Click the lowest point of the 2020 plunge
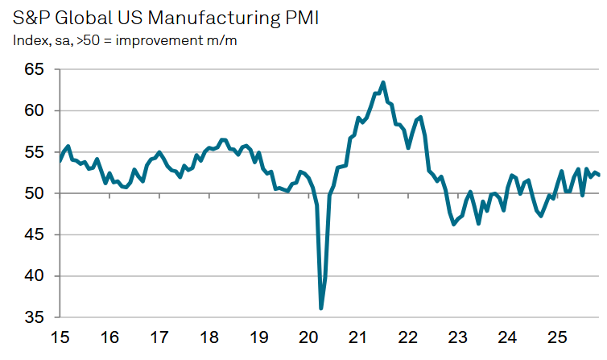point(321,308)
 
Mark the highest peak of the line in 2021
point(382,82)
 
